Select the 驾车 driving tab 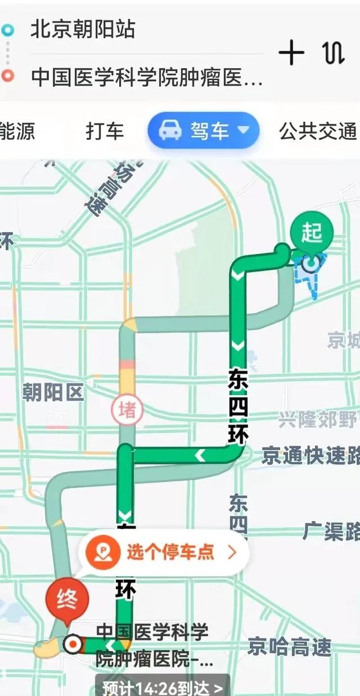click(204, 131)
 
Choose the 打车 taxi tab click(104, 131)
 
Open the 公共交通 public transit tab click(317, 131)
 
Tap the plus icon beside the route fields click(292, 53)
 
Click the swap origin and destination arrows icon click(333, 53)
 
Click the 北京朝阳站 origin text click(82, 30)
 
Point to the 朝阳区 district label click(53, 392)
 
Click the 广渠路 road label click(330, 531)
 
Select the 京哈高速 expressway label click(289, 646)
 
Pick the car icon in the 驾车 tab click(170, 131)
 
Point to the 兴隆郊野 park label click(318, 421)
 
